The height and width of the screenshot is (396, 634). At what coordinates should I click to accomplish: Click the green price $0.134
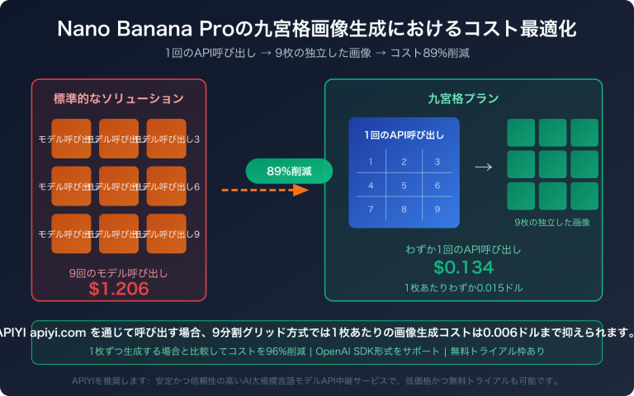[x=463, y=266]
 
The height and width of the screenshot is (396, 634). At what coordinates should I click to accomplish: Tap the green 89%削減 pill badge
[x=288, y=171]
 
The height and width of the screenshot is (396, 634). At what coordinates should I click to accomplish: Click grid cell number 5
[x=404, y=185]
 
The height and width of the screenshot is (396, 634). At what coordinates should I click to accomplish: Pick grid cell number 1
[x=371, y=161]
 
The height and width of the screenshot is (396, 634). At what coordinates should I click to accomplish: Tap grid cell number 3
[x=436, y=161]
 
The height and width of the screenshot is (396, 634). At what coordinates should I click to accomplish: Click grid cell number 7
[x=371, y=210]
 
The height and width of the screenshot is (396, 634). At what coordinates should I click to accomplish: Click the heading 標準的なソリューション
[x=119, y=98]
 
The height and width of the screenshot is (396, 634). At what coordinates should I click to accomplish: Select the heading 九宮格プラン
[x=463, y=98]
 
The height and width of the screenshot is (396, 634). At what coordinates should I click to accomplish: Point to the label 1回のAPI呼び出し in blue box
[x=403, y=134]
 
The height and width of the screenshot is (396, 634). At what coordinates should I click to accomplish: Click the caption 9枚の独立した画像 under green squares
[x=552, y=223]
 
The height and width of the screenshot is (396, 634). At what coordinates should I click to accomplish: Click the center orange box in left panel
[x=119, y=186]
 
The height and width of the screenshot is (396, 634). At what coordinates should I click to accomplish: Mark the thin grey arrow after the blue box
[x=483, y=167]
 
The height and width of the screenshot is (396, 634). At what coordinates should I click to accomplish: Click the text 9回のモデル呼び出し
[x=119, y=271]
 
